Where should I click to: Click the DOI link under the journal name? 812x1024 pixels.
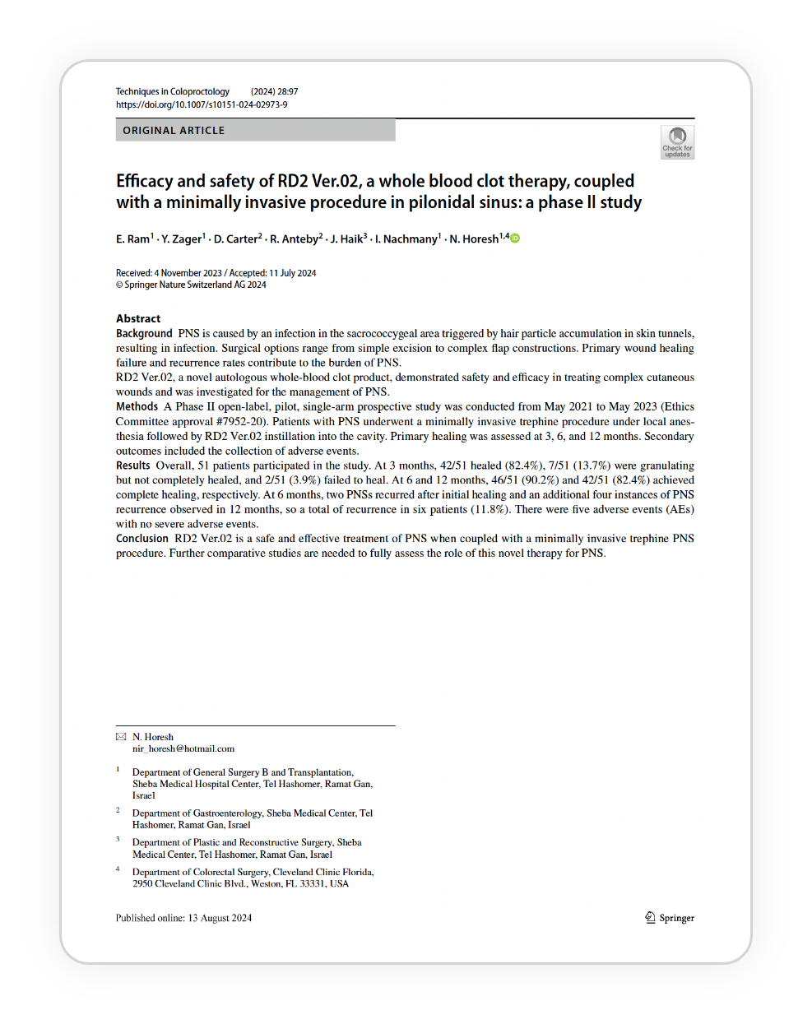(x=202, y=104)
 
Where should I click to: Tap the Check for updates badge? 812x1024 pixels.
(x=677, y=142)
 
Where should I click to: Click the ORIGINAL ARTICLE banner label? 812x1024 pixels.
(x=174, y=131)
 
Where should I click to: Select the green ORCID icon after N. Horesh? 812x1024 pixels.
(x=516, y=239)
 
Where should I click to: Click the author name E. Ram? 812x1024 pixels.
(x=132, y=239)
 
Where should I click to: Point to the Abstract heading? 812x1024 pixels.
(x=138, y=318)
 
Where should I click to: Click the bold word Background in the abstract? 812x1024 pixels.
(x=144, y=333)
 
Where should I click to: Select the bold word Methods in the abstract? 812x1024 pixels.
(x=137, y=406)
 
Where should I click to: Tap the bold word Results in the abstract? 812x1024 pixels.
(x=133, y=466)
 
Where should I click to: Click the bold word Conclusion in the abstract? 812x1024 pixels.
(x=142, y=539)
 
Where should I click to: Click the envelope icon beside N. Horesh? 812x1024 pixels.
(x=121, y=737)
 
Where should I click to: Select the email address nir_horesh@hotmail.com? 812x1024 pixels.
(x=183, y=748)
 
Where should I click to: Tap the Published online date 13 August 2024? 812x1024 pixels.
(x=220, y=918)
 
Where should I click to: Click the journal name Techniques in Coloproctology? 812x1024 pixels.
(x=173, y=91)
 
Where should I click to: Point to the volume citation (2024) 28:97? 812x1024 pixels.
(x=275, y=91)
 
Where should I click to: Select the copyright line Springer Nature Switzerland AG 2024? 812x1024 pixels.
(x=195, y=285)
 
